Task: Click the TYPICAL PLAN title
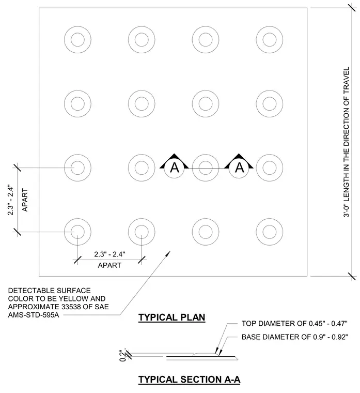(172, 318)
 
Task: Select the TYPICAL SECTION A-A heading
(190, 380)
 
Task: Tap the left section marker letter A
(175, 168)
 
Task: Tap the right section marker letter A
(240, 168)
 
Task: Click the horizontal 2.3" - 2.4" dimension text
(109, 254)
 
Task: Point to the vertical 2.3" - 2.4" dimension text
(10, 200)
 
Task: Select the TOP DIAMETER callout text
(294, 324)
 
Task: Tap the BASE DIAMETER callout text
(294, 337)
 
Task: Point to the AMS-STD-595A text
(34, 315)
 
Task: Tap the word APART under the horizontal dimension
(109, 265)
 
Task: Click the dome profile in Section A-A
(206, 354)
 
